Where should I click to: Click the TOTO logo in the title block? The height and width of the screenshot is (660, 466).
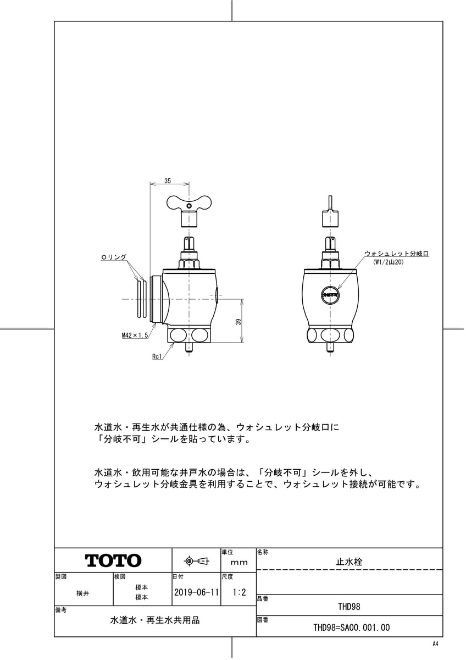click(113, 560)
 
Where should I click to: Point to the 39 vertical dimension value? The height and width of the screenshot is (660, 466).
click(238, 321)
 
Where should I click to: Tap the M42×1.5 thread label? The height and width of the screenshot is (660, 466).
click(135, 334)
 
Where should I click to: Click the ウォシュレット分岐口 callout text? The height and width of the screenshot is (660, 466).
click(396, 254)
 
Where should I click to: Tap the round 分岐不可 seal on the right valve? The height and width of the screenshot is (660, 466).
click(330, 295)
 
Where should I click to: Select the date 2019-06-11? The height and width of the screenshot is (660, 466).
click(196, 593)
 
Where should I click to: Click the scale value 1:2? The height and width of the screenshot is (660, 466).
click(239, 593)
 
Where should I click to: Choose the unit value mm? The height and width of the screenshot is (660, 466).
click(239, 562)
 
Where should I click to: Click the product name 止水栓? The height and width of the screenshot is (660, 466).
click(349, 562)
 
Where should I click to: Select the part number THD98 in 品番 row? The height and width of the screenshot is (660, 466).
click(349, 607)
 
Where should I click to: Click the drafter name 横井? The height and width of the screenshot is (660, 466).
click(83, 593)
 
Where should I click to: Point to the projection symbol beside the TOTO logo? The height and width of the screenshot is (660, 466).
click(196, 561)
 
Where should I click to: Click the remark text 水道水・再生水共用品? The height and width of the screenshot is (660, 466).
click(155, 620)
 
